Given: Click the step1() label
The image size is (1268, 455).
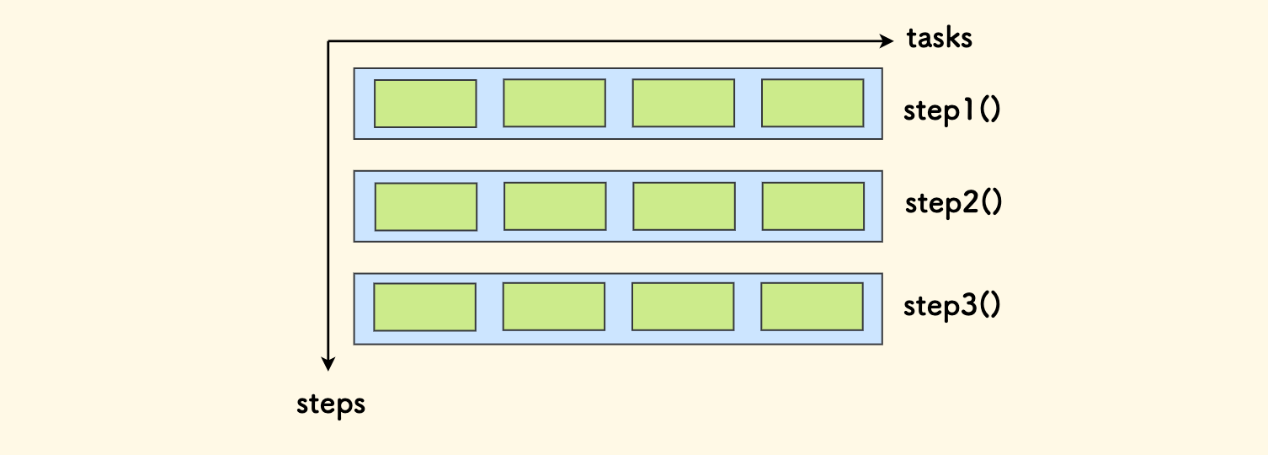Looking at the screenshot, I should pyautogui.click(x=951, y=112).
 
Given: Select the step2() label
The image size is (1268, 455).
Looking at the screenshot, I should pyautogui.click(x=953, y=204).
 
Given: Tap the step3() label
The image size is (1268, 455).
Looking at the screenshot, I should pyautogui.click(x=951, y=306).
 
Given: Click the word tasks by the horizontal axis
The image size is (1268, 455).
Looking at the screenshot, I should pyautogui.click(x=939, y=39).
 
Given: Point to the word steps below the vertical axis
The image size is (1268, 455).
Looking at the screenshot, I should pyautogui.click(x=331, y=404).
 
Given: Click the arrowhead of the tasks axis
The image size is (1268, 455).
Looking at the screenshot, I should pyautogui.click(x=886, y=40).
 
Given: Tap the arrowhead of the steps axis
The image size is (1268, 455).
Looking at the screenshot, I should pyautogui.click(x=328, y=363).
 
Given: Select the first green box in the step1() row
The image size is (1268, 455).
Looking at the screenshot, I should pyautogui.click(x=425, y=104).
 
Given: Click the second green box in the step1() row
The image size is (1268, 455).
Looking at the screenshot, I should pyautogui.click(x=554, y=103).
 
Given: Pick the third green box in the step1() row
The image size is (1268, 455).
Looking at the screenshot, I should pyautogui.click(x=683, y=103).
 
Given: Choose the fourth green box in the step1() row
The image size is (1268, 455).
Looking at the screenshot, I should pyautogui.click(x=812, y=103).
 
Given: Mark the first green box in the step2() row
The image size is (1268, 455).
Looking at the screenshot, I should pyautogui.click(x=426, y=206).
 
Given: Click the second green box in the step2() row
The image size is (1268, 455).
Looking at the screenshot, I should pyautogui.click(x=555, y=206).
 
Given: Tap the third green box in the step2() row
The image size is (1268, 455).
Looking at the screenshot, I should pyautogui.click(x=684, y=206).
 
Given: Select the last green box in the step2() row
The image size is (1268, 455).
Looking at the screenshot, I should pyautogui.click(x=813, y=206).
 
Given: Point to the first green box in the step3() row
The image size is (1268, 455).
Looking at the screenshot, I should pyautogui.click(x=424, y=307).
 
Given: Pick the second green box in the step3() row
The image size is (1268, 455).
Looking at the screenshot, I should pyautogui.click(x=553, y=306).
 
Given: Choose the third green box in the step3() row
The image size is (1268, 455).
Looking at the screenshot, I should pyautogui.click(x=682, y=306).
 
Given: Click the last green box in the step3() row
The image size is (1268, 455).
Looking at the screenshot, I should pyautogui.click(x=812, y=306).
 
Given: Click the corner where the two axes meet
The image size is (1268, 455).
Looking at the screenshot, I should pyautogui.click(x=328, y=40).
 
